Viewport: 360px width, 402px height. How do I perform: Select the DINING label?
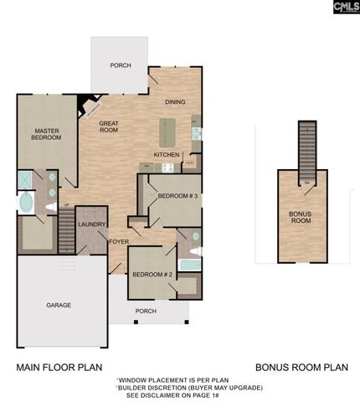click(x=174, y=101)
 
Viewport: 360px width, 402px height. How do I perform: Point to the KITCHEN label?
click(x=166, y=155)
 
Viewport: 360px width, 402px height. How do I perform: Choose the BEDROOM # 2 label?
click(x=152, y=275)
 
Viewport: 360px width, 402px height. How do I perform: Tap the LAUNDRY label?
click(x=90, y=224)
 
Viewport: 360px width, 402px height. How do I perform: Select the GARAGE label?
click(x=58, y=305)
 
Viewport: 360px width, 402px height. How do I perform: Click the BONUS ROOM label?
click(x=301, y=217)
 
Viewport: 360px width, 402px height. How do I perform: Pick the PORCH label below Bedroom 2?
click(x=146, y=311)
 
